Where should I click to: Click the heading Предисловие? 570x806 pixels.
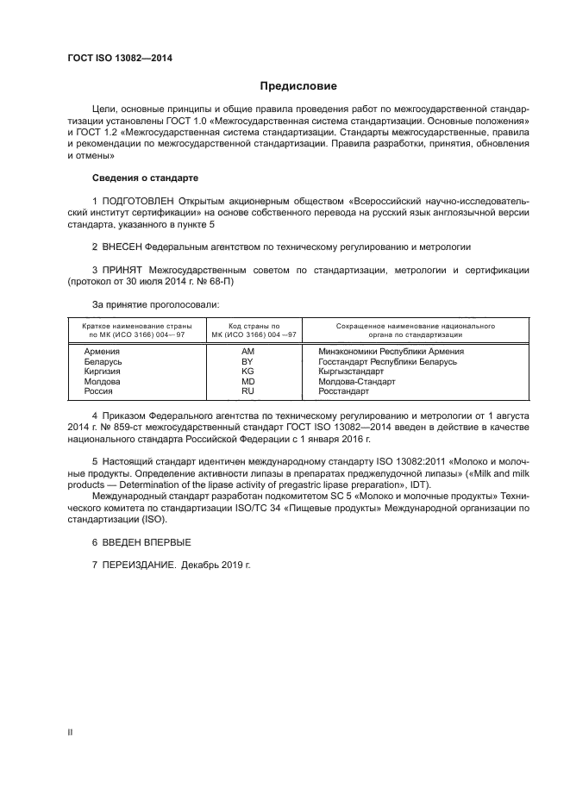pyautogui.click(x=298, y=86)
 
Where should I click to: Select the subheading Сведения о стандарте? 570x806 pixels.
pyautogui.click(x=145, y=178)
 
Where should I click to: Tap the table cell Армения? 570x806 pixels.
pyautogui.click(x=102, y=352)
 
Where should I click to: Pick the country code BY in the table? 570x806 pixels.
pyautogui.click(x=248, y=362)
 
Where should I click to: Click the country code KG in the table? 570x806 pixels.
pyautogui.click(x=248, y=372)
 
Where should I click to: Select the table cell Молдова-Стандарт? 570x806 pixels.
pyautogui.click(x=356, y=381)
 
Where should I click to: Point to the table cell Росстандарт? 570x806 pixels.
pyautogui.click(x=343, y=391)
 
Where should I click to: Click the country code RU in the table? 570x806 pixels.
pyautogui.click(x=248, y=391)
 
